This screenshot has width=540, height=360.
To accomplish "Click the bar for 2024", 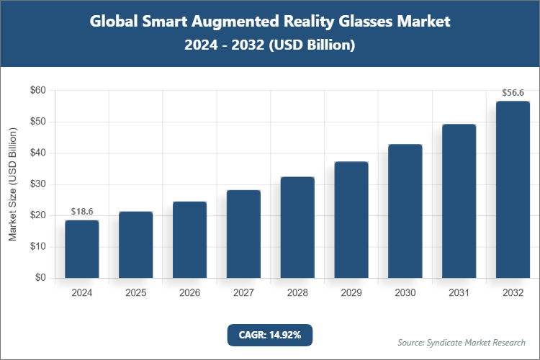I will click(x=81, y=249).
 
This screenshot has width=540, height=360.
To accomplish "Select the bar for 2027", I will click(x=243, y=234).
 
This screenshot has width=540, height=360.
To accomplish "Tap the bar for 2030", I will click(x=405, y=211).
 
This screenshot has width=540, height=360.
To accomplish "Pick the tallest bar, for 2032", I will click(x=513, y=189).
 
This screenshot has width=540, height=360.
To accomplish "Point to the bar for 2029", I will click(x=351, y=220).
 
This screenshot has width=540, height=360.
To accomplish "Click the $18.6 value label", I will click(x=81, y=211).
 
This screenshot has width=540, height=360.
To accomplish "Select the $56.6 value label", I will click(x=513, y=93).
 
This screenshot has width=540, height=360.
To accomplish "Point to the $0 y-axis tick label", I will click(x=40, y=278).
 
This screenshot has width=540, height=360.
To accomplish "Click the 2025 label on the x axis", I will click(x=135, y=293).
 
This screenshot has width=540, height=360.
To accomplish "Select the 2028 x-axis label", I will click(x=297, y=293).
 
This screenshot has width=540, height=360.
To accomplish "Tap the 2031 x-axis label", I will click(x=459, y=293).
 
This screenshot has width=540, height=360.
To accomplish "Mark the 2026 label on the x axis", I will click(x=189, y=293).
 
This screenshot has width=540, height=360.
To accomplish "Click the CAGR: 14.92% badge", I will click(x=270, y=335).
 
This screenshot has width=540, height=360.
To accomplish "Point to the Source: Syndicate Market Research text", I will click(x=462, y=342).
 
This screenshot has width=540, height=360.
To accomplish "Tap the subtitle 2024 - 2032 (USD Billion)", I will click(x=270, y=45).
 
